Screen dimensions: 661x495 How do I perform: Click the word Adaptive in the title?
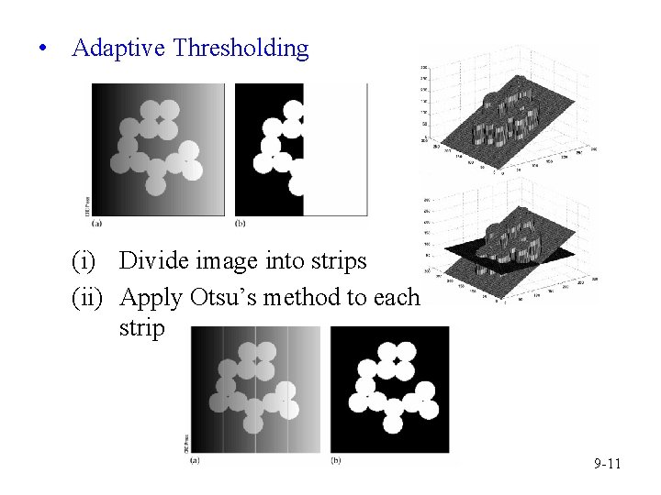(x=118, y=48)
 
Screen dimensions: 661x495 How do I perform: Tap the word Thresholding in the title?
(x=241, y=48)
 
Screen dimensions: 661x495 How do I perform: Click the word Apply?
(x=151, y=299)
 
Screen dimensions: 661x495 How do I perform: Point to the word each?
(x=396, y=298)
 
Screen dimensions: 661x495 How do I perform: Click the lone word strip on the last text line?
(x=141, y=328)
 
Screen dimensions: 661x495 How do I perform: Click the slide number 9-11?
(x=608, y=465)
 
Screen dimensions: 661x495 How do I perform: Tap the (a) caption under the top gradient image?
(x=96, y=223)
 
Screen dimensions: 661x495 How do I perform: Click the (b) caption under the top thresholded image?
(x=241, y=223)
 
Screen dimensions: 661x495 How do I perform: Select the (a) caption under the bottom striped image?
(x=195, y=460)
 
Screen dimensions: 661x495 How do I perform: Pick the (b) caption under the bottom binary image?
(x=336, y=460)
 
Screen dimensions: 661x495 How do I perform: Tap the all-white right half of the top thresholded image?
(x=338, y=147)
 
